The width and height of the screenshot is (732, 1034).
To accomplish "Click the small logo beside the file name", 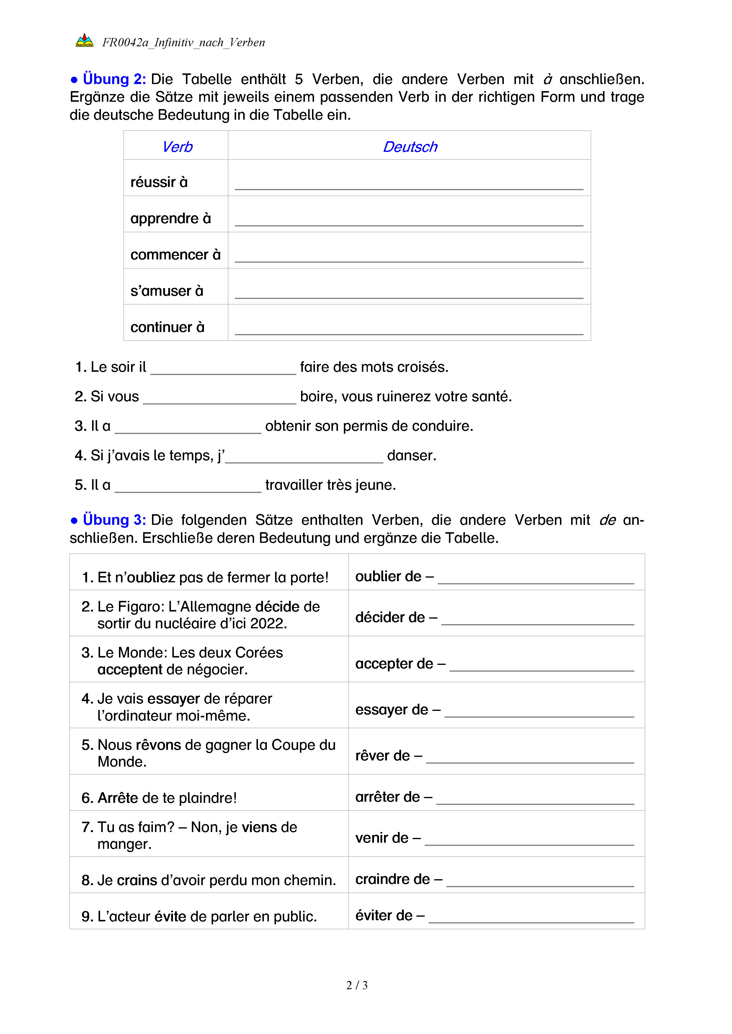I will pyautogui.click(x=84, y=41).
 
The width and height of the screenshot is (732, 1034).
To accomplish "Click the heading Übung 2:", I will pyautogui.click(x=114, y=79).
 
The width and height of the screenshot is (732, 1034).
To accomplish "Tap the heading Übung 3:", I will pyautogui.click(x=114, y=520).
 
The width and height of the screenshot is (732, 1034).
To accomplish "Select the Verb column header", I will pyautogui.click(x=177, y=147).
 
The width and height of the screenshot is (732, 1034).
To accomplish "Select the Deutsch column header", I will pyautogui.click(x=410, y=147).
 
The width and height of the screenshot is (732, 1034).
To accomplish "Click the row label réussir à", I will pyautogui.click(x=159, y=183).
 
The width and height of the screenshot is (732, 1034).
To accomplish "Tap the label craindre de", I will pyautogui.click(x=392, y=879).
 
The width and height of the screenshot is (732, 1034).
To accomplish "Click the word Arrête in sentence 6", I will pyautogui.click(x=118, y=798).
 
